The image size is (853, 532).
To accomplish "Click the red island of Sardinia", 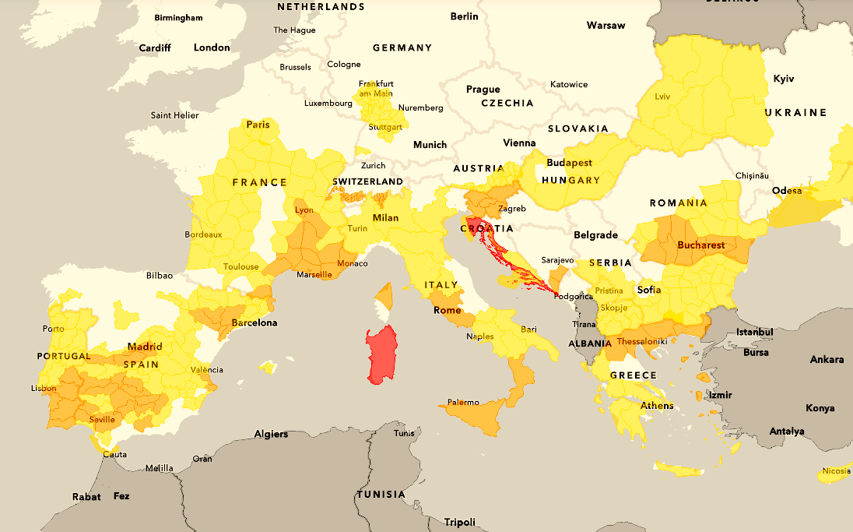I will pos(381,354).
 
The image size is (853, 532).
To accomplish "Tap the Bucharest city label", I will pos(700,245).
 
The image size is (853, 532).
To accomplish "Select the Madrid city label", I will pos(145,347).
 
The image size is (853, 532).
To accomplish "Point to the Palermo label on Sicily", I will pos(463,403).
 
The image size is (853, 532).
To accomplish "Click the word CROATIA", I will pos(487,228).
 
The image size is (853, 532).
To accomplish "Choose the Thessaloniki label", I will pos(643,342).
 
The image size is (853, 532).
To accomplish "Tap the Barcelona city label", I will pos(254,322).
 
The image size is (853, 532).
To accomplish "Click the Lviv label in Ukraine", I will pos(662,97).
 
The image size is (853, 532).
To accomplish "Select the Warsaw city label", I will pos(606,26).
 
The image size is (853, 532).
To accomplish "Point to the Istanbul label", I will pos(755,333).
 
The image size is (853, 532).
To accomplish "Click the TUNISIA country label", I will pos(381,495).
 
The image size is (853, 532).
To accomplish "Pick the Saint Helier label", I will pos(174,115).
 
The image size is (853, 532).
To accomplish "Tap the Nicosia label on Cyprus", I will pos(836,470).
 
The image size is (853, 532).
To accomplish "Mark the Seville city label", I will pos(102,419).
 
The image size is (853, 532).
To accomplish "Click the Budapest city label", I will pos(569,164).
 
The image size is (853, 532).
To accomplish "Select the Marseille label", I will pos(314,274).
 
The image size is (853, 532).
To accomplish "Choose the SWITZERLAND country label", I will pos(367,181).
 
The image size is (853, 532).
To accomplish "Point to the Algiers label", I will pos(270,434).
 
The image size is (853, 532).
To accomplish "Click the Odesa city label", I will pos(787,191).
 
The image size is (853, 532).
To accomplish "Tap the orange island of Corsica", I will pos(384,296).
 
